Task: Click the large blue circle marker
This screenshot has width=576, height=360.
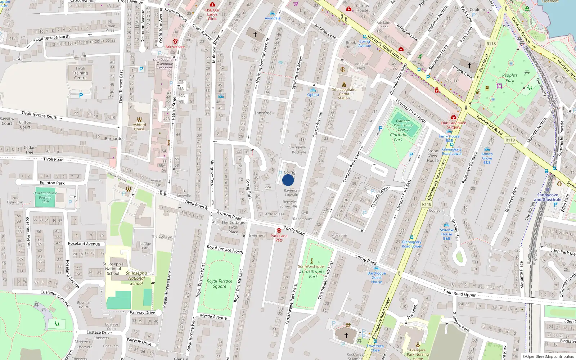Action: (288, 180)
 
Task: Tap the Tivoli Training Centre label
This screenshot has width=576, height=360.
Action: (80, 73)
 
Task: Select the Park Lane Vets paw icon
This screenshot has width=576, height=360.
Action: (279, 230)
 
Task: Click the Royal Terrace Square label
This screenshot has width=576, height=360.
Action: (219, 284)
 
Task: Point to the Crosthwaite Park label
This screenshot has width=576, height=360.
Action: (313, 274)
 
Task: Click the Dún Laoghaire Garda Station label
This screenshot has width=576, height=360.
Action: (344, 94)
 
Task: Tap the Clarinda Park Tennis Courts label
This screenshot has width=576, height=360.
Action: (402, 125)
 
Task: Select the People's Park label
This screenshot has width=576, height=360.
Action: (510, 78)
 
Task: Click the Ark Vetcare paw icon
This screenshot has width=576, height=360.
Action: (175, 41)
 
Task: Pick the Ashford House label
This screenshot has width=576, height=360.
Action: (139, 127)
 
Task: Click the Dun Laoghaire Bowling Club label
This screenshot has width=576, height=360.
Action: (45, 197)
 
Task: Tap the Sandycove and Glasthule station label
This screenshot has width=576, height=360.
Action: (547, 197)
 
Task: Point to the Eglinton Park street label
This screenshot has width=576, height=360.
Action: (52, 183)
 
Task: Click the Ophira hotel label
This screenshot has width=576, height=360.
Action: (313, 95)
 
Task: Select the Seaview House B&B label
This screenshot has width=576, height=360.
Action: (446, 234)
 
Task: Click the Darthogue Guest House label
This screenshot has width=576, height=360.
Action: (377, 278)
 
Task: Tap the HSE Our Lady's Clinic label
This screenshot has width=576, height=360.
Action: (212, 14)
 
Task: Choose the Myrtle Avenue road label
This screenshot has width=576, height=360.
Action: (213, 316)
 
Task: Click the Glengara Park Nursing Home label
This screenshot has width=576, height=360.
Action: (418, 354)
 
